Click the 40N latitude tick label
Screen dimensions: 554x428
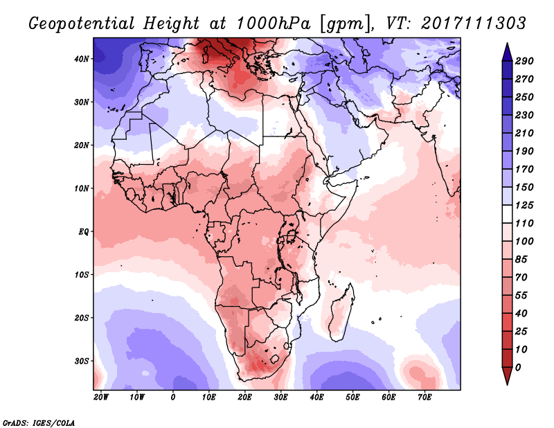pyautogui.click(x=82, y=59)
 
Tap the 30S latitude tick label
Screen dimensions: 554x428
pyautogui.click(x=82, y=362)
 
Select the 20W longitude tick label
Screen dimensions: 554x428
pyautogui.click(x=101, y=398)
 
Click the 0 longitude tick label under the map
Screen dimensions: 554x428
pyautogui.click(x=172, y=398)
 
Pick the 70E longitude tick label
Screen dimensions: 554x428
pyautogui.click(x=425, y=398)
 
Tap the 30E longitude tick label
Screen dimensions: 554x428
pyautogui.click(x=281, y=398)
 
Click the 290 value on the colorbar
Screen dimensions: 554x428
pyautogui.click(x=524, y=61)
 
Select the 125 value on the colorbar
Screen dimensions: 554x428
pyautogui.click(x=524, y=205)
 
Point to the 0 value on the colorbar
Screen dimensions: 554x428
pyautogui.click(x=518, y=368)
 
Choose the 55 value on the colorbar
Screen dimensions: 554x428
pyautogui.click(x=521, y=296)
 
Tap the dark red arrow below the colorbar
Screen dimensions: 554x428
pyautogui.click(x=507, y=376)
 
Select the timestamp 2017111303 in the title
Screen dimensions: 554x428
pyautogui.click(x=473, y=24)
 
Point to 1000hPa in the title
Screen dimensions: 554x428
pyautogui.click(x=273, y=24)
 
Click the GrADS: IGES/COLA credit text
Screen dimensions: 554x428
pyautogui.click(x=39, y=423)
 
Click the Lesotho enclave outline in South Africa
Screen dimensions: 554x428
pyautogui.click(x=274, y=359)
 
